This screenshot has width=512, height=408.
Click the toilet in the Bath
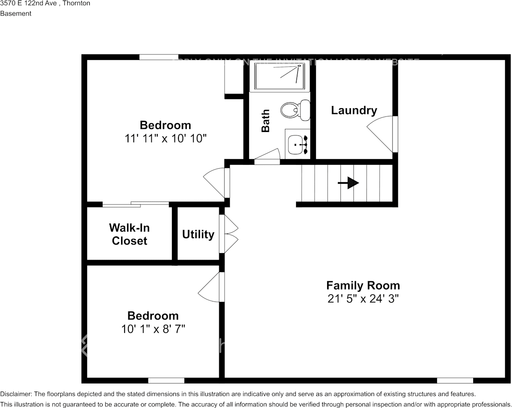click(295, 110)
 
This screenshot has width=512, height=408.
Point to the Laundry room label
click(354, 110)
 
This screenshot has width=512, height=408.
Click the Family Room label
click(363, 286)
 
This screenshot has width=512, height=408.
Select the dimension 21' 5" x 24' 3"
click(363, 299)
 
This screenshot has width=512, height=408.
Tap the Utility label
click(198, 235)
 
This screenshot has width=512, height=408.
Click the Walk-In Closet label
click(129, 234)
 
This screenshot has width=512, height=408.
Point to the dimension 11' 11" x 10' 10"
click(165, 139)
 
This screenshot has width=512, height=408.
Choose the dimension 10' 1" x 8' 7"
click(153, 329)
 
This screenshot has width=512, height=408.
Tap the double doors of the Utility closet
click(228, 234)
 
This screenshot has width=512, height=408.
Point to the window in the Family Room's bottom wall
click(455, 380)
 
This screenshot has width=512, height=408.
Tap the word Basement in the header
click(16, 13)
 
